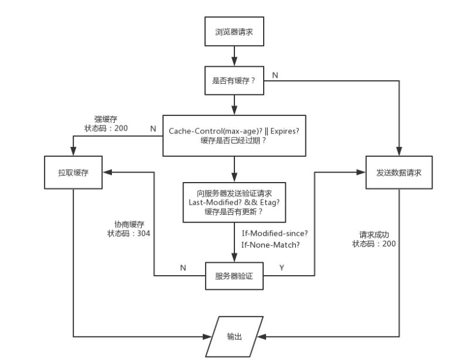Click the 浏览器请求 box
coord(234,32)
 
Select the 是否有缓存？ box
coord(234,81)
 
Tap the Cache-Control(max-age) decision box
coord(234,136)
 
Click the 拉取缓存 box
coord(73,172)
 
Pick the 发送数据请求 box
coord(399,172)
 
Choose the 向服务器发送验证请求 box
coord(234,203)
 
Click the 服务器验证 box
coord(234,276)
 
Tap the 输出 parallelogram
coord(234,337)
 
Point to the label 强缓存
coord(106,119)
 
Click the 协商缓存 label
coord(130,224)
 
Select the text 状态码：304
coord(129,234)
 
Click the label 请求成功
coord(374,235)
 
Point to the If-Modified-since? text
coord(275,234)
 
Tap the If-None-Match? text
coord(271,245)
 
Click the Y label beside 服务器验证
coord(282,268)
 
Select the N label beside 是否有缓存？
coord(275,76)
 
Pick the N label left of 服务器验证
coord(183,268)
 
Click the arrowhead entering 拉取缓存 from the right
coord(107,172)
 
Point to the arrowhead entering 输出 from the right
coord(261,337)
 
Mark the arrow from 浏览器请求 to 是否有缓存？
coord(234,56)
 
